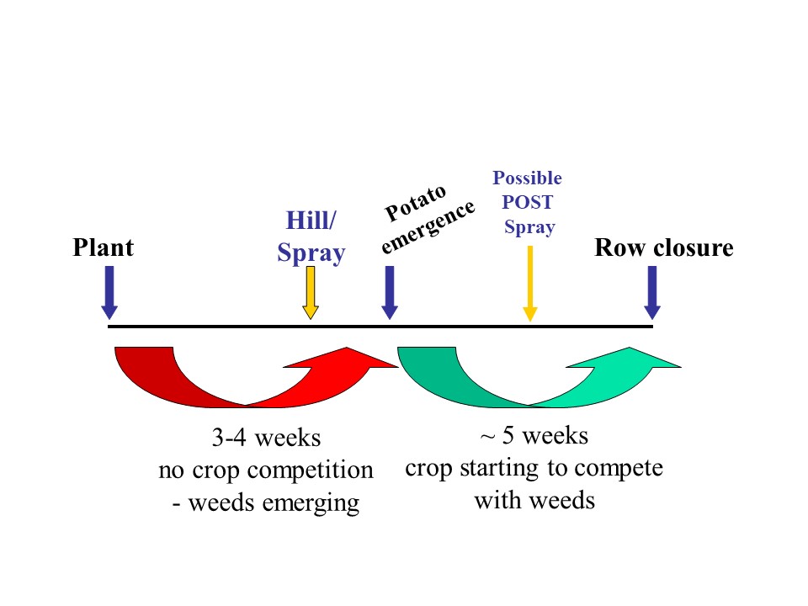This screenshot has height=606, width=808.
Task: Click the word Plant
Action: (x=103, y=247)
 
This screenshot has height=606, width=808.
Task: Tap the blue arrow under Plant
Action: (x=109, y=292)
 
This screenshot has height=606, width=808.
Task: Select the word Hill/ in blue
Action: (x=311, y=221)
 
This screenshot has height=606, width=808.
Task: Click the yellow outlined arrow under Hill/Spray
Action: (x=311, y=293)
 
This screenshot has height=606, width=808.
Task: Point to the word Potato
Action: (x=415, y=203)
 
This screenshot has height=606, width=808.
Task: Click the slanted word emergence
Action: (x=428, y=226)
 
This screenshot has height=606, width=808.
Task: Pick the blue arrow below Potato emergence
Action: (x=390, y=292)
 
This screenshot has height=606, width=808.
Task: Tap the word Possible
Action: (x=527, y=178)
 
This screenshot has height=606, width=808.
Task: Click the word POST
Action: (x=527, y=202)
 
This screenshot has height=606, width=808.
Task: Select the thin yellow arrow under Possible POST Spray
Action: (x=530, y=284)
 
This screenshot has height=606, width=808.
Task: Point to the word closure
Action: (x=693, y=247)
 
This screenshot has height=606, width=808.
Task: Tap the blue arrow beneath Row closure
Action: (x=652, y=292)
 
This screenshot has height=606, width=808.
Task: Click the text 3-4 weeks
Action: (x=267, y=438)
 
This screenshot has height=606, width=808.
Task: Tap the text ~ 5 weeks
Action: (x=534, y=436)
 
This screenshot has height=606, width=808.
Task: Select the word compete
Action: (x=619, y=469)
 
